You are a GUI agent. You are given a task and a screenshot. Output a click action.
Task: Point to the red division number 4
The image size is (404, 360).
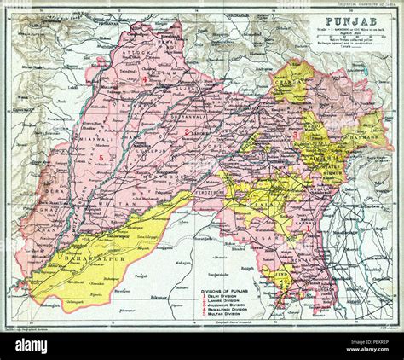point(146,79)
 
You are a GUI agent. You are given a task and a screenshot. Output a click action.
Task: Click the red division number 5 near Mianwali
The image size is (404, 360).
point(101,159)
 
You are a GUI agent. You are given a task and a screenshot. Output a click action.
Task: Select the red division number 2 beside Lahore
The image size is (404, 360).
point(186,135)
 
